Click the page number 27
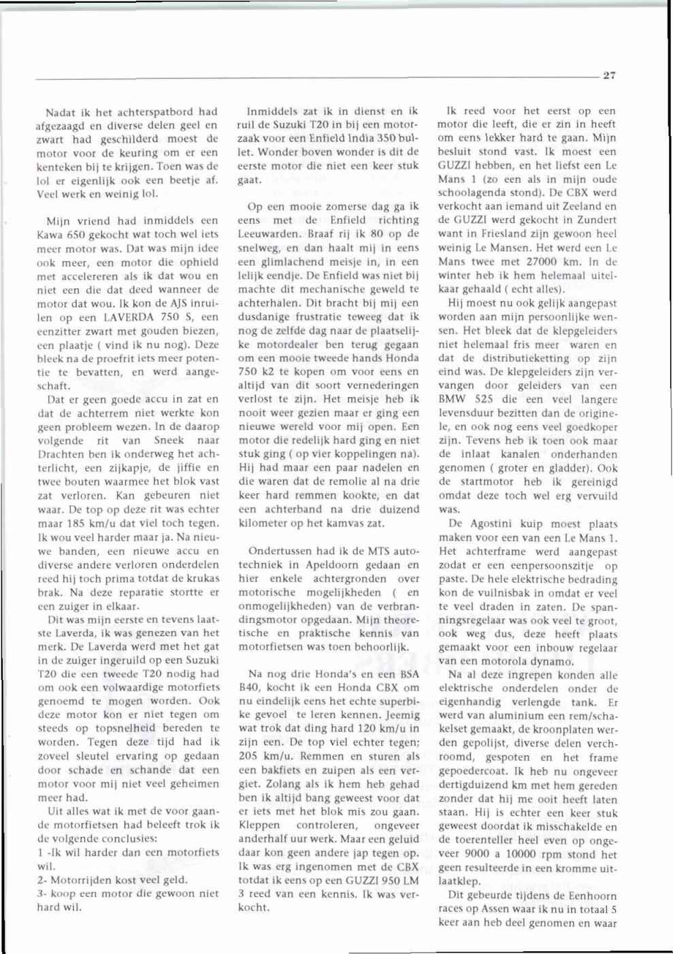(x=609, y=75)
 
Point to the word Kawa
(x=50, y=235)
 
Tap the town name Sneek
(x=169, y=441)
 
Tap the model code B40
(x=250, y=688)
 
